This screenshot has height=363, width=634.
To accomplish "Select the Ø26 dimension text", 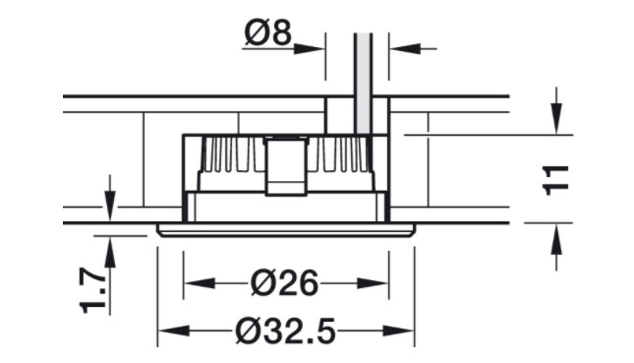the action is [285, 283].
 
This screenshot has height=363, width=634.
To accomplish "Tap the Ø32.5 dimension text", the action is [285, 332].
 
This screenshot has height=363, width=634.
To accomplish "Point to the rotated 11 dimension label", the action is [556, 180].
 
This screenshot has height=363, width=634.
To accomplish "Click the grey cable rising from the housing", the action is [364, 83].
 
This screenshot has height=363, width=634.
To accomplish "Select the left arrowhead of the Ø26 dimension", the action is [200, 283].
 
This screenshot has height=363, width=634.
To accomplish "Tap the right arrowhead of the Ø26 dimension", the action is [373, 283].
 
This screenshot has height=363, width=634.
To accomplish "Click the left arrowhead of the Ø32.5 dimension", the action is [173, 332].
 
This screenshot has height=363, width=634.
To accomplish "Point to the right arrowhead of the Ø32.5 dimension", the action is [399, 332].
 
